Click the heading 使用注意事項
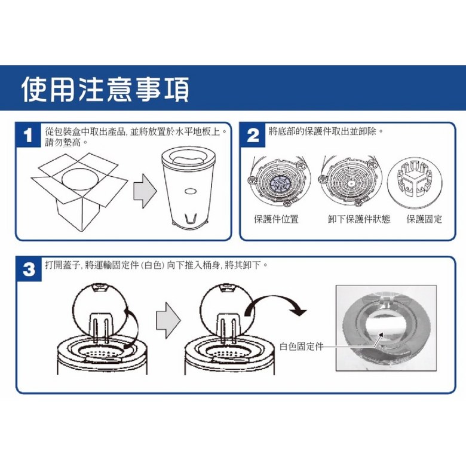tap(106, 89)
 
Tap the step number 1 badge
tap(28, 136)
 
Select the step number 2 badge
tap(253, 136)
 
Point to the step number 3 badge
tap(29, 269)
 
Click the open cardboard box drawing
tap(79, 192)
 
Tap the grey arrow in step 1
tap(145, 191)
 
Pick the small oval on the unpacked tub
tap(190, 192)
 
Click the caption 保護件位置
tap(276, 219)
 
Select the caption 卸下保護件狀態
tap(359, 219)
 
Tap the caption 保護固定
tap(424, 219)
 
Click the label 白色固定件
tap(301, 347)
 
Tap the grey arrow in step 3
tap(168, 320)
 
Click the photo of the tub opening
tap(386, 328)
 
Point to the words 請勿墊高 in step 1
tap(63, 142)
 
